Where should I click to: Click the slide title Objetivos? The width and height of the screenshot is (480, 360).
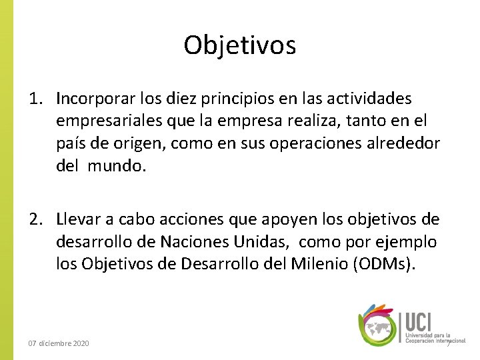pos(240,45)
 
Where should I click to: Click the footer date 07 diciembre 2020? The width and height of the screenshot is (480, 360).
pos(59,343)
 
